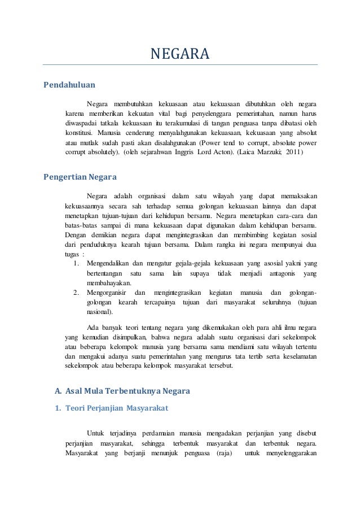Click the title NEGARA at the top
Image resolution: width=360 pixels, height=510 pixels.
pyautogui.click(x=179, y=55)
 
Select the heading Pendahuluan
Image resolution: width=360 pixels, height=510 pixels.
pyautogui.click(x=69, y=86)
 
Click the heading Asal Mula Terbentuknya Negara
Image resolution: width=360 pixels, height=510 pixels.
pyautogui.click(x=128, y=391)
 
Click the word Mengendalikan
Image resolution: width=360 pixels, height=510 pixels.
pyautogui.click(x=107, y=263)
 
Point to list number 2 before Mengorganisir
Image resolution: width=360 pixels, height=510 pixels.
pyautogui.click(x=76, y=293)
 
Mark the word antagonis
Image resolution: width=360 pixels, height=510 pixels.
pyautogui.click(x=277, y=273)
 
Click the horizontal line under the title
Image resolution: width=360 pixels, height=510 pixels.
pyautogui.click(x=179, y=65)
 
